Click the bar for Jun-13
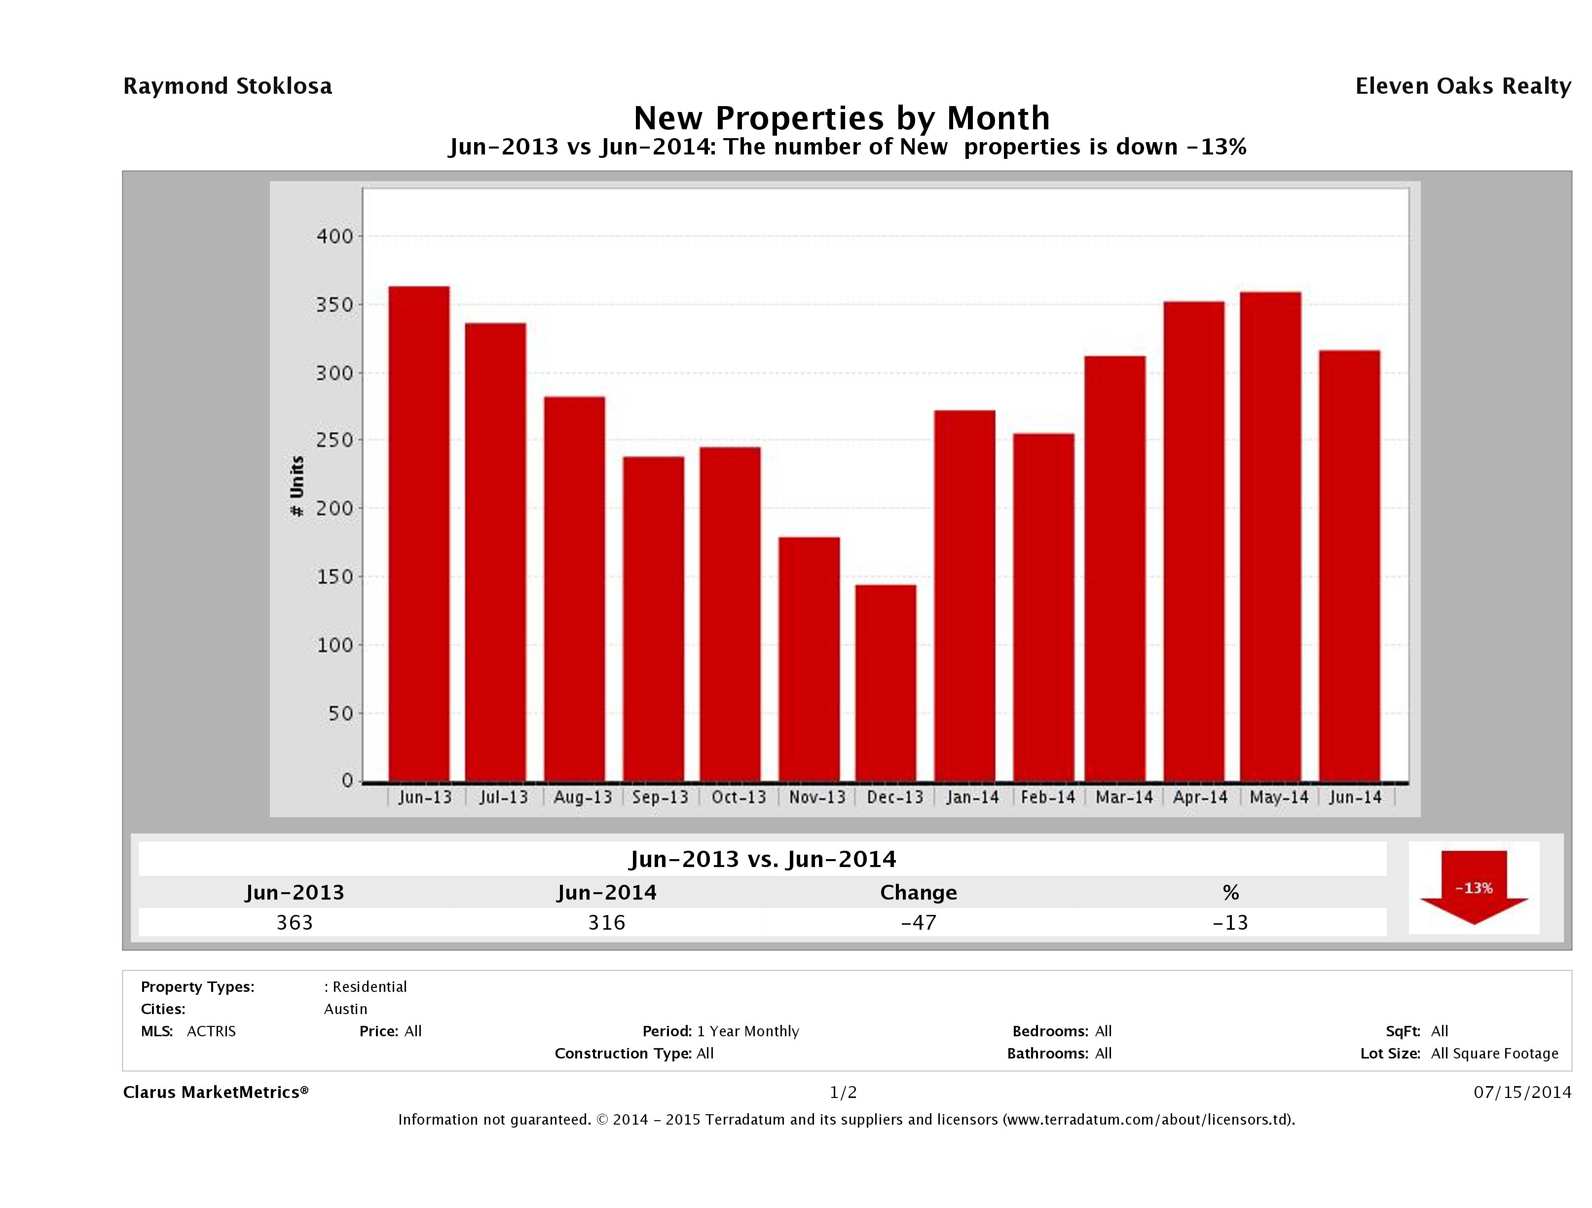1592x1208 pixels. tap(419, 533)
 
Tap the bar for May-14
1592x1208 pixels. tap(1271, 536)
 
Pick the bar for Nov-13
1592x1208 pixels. tap(809, 659)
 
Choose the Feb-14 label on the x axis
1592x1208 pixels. tap(1048, 797)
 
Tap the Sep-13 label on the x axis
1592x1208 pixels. tap(660, 797)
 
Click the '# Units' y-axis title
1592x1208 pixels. tap(296, 487)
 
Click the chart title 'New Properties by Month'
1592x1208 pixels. tap(841, 118)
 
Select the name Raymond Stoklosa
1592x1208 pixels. tap(227, 86)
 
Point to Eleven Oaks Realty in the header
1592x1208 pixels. tap(1462, 86)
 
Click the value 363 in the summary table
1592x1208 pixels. tap(295, 922)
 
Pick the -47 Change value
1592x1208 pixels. tap(919, 922)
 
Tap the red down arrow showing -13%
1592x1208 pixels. tap(1473, 888)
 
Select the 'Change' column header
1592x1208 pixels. tap(919, 893)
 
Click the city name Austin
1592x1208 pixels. tap(345, 1009)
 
